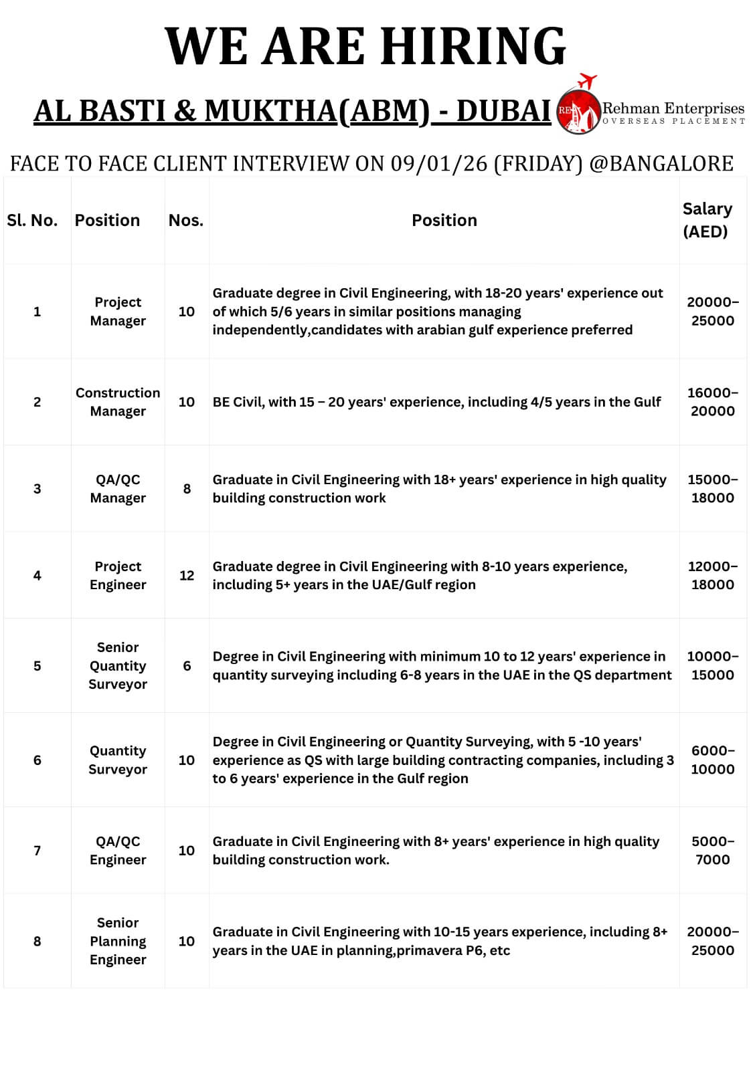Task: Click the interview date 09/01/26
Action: (x=438, y=164)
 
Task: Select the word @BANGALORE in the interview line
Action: (x=661, y=164)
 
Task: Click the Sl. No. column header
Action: (x=32, y=220)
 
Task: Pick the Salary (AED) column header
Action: (x=707, y=220)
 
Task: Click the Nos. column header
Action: (x=186, y=220)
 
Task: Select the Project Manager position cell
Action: (x=118, y=312)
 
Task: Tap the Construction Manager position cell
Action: (x=118, y=402)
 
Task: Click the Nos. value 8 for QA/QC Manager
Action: (x=187, y=489)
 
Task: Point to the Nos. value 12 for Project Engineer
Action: (x=187, y=575)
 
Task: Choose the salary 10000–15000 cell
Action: (x=713, y=665)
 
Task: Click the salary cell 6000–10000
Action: (x=713, y=760)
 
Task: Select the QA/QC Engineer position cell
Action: (x=118, y=851)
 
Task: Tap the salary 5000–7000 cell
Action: (x=713, y=851)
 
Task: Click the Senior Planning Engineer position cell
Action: (x=118, y=941)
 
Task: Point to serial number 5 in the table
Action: (x=37, y=666)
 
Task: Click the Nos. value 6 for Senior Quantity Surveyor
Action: (x=187, y=666)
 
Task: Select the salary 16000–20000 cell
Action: (x=713, y=402)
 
